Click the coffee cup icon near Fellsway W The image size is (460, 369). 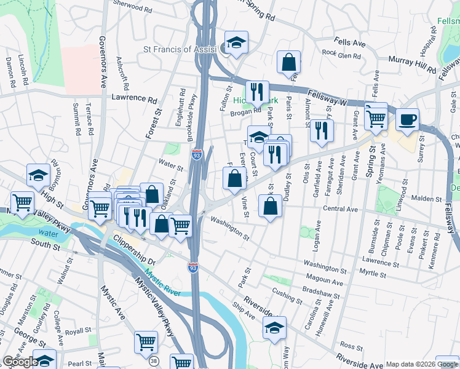pos(407,119)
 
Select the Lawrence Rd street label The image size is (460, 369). pos(134,98)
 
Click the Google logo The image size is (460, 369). pos(20,362)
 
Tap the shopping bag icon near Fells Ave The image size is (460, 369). pos(289,61)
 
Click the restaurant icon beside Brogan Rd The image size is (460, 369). pos(258,92)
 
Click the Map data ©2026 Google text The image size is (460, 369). pos(421,364)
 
